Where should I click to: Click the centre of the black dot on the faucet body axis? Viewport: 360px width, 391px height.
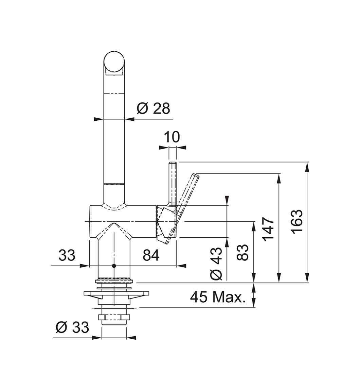114,266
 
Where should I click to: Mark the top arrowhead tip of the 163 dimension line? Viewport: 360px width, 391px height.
307,162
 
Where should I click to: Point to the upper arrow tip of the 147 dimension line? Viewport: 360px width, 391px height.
279,173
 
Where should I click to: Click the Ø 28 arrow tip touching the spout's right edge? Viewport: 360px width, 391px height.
124,119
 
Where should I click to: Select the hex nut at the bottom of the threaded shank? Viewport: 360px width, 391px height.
114,317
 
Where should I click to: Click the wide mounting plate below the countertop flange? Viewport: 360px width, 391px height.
116,294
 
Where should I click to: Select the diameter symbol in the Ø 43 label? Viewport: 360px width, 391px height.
216,274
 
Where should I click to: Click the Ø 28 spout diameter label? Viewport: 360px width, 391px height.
153,108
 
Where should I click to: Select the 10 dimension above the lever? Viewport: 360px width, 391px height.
172,137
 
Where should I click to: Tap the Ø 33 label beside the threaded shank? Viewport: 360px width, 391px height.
72,327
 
